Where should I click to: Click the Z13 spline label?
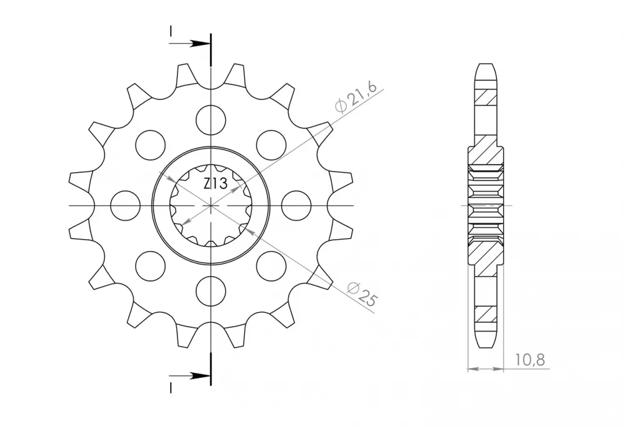tap(215, 184)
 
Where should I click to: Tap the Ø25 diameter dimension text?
tap(362, 294)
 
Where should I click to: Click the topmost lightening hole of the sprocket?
tap(211, 118)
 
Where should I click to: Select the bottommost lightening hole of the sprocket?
tap(211, 290)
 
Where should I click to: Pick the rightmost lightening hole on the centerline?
tap(297, 205)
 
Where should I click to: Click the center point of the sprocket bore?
tap(211, 205)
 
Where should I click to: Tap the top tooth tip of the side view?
tap(486, 65)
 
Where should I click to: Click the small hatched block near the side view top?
tap(486, 96)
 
